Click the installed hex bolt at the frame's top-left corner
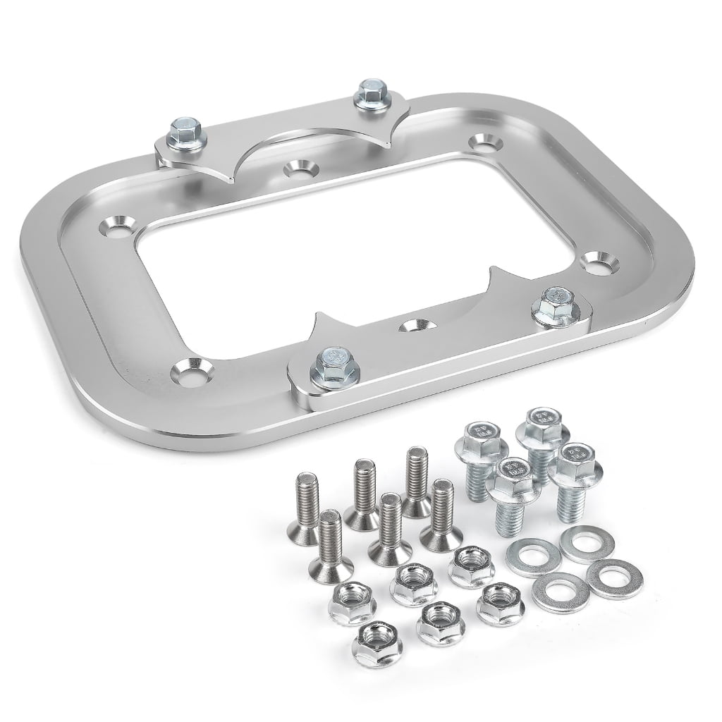(x=185, y=130)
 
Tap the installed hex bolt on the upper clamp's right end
(x=369, y=94)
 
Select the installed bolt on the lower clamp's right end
(x=550, y=305)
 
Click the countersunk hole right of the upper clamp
(x=484, y=143)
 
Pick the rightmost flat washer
(x=610, y=577)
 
